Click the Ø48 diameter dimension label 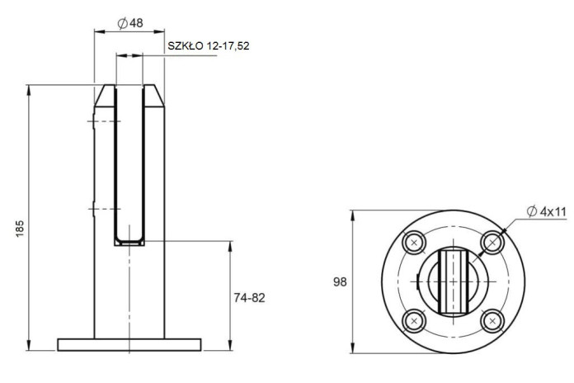[x=130, y=23]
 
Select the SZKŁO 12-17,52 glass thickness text [x=209, y=46]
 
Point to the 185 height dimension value [x=20, y=229]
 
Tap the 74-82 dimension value [x=249, y=298]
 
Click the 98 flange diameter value [x=340, y=281]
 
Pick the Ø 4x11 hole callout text [x=547, y=211]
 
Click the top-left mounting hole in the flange [x=414, y=242]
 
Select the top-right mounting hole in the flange [x=492, y=242]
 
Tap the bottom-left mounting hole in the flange [x=414, y=321]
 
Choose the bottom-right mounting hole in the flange [x=492, y=321]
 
